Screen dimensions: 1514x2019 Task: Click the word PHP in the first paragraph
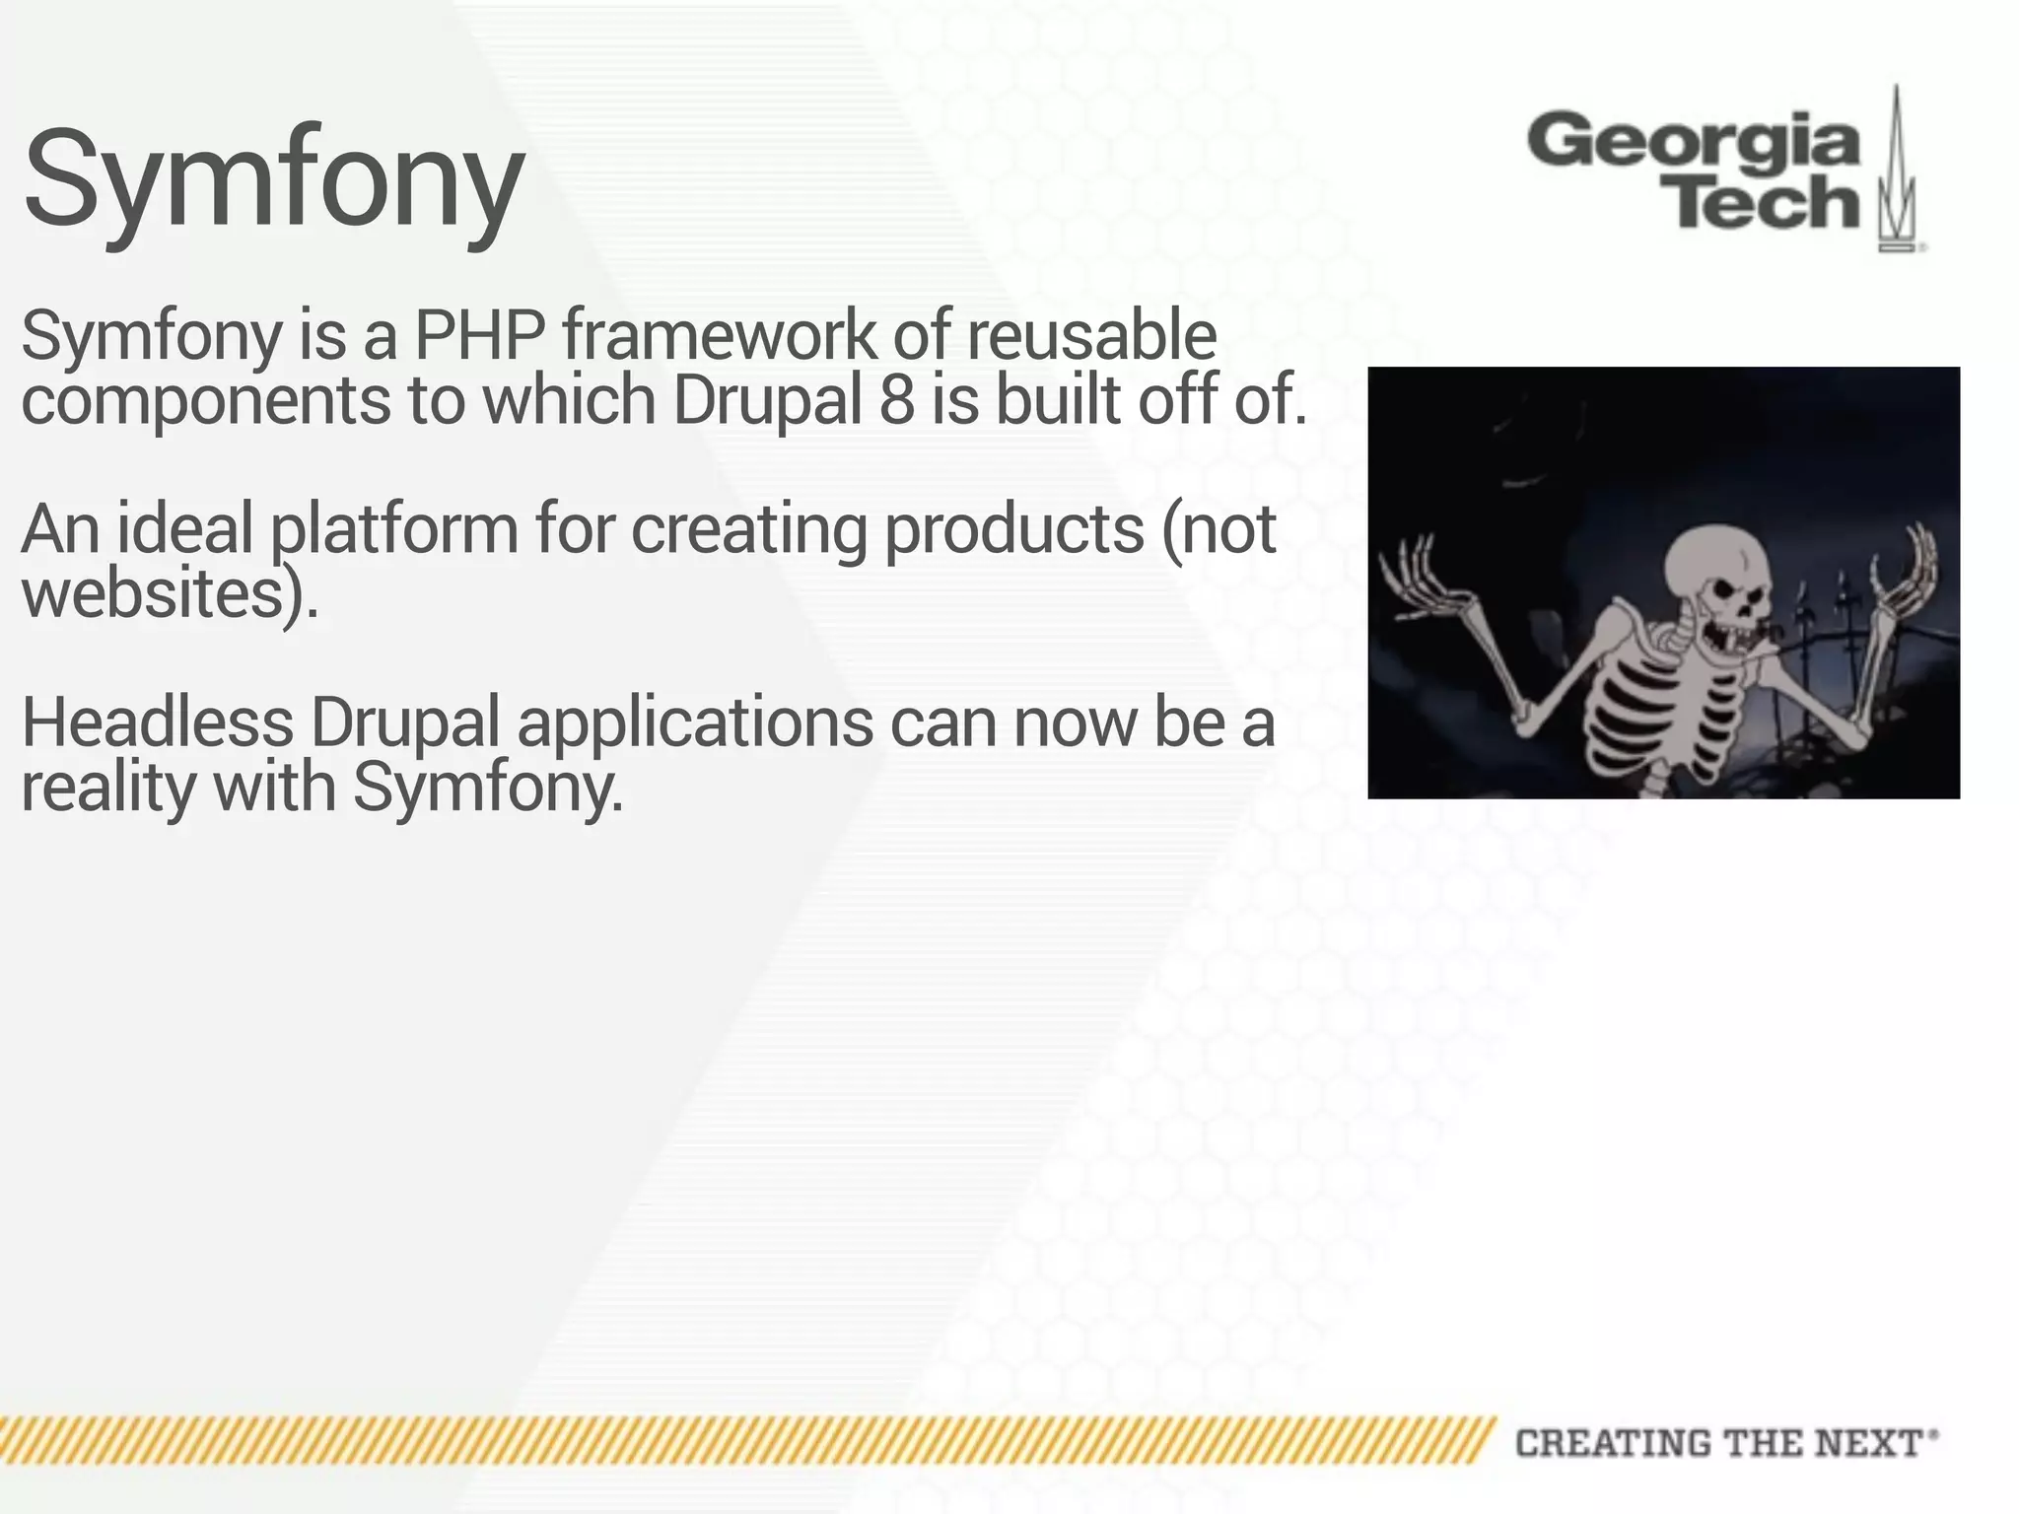click(x=479, y=335)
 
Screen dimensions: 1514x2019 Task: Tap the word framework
click(x=719, y=335)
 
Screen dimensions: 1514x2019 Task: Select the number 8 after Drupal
click(x=896, y=399)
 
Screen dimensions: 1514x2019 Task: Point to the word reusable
click(x=1091, y=335)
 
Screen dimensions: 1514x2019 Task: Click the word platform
click(x=393, y=529)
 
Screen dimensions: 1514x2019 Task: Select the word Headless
click(x=157, y=722)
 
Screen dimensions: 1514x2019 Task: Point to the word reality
click(x=108, y=788)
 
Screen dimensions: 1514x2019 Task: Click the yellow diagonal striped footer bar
click(x=739, y=1440)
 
